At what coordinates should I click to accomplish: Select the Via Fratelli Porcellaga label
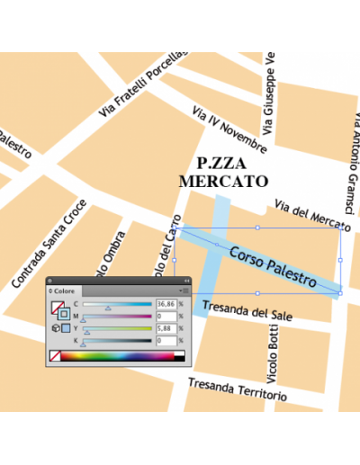pyautogui.click(x=143, y=84)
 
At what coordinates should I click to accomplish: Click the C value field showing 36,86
pyautogui.click(x=166, y=304)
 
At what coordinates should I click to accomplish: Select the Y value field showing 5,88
pyautogui.click(x=166, y=328)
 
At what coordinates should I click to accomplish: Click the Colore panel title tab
pyautogui.click(x=65, y=291)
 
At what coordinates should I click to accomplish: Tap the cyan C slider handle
pyautogui.click(x=109, y=309)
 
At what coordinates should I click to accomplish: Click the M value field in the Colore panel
pyautogui.click(x=166, y=317)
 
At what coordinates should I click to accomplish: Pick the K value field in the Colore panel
pyautogui.click(x=166, y=341)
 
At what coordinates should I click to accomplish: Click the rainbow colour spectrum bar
pyautogui.click(x=117, y=356)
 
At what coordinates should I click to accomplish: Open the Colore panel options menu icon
pyautogui.click(x=184, y=291)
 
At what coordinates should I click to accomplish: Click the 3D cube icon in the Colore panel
pyautogui.click(x=55, y=329)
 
